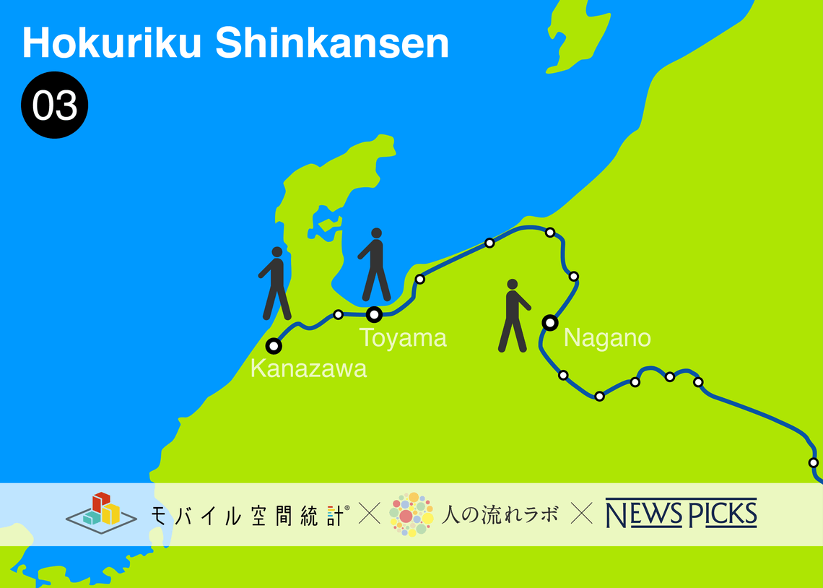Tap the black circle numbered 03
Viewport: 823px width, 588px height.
click(54, 105)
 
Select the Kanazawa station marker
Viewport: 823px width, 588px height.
click(274, 345)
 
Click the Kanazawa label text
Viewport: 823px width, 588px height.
click(308, 368)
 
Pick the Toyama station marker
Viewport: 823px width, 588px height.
click(374, 314)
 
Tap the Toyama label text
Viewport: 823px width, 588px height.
click(403, 337)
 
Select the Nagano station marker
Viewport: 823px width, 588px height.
click(550, 322)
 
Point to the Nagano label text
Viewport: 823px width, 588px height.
click(607, 337)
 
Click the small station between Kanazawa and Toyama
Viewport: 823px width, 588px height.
click(338, 314)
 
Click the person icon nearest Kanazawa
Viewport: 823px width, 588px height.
click(276, 283)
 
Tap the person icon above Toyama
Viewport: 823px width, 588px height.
click(375, 264)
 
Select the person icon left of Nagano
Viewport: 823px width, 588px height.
click(513, 316)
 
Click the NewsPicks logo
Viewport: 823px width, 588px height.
click(681, 514)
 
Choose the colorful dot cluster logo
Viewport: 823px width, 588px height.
click(411, 514)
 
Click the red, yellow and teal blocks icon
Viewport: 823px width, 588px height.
click(101, 511)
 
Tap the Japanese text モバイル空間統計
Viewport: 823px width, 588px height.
click(249, 514)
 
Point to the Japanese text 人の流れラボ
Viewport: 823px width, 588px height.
click(500, 514)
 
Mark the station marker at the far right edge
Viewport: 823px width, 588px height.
click(814, 462)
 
